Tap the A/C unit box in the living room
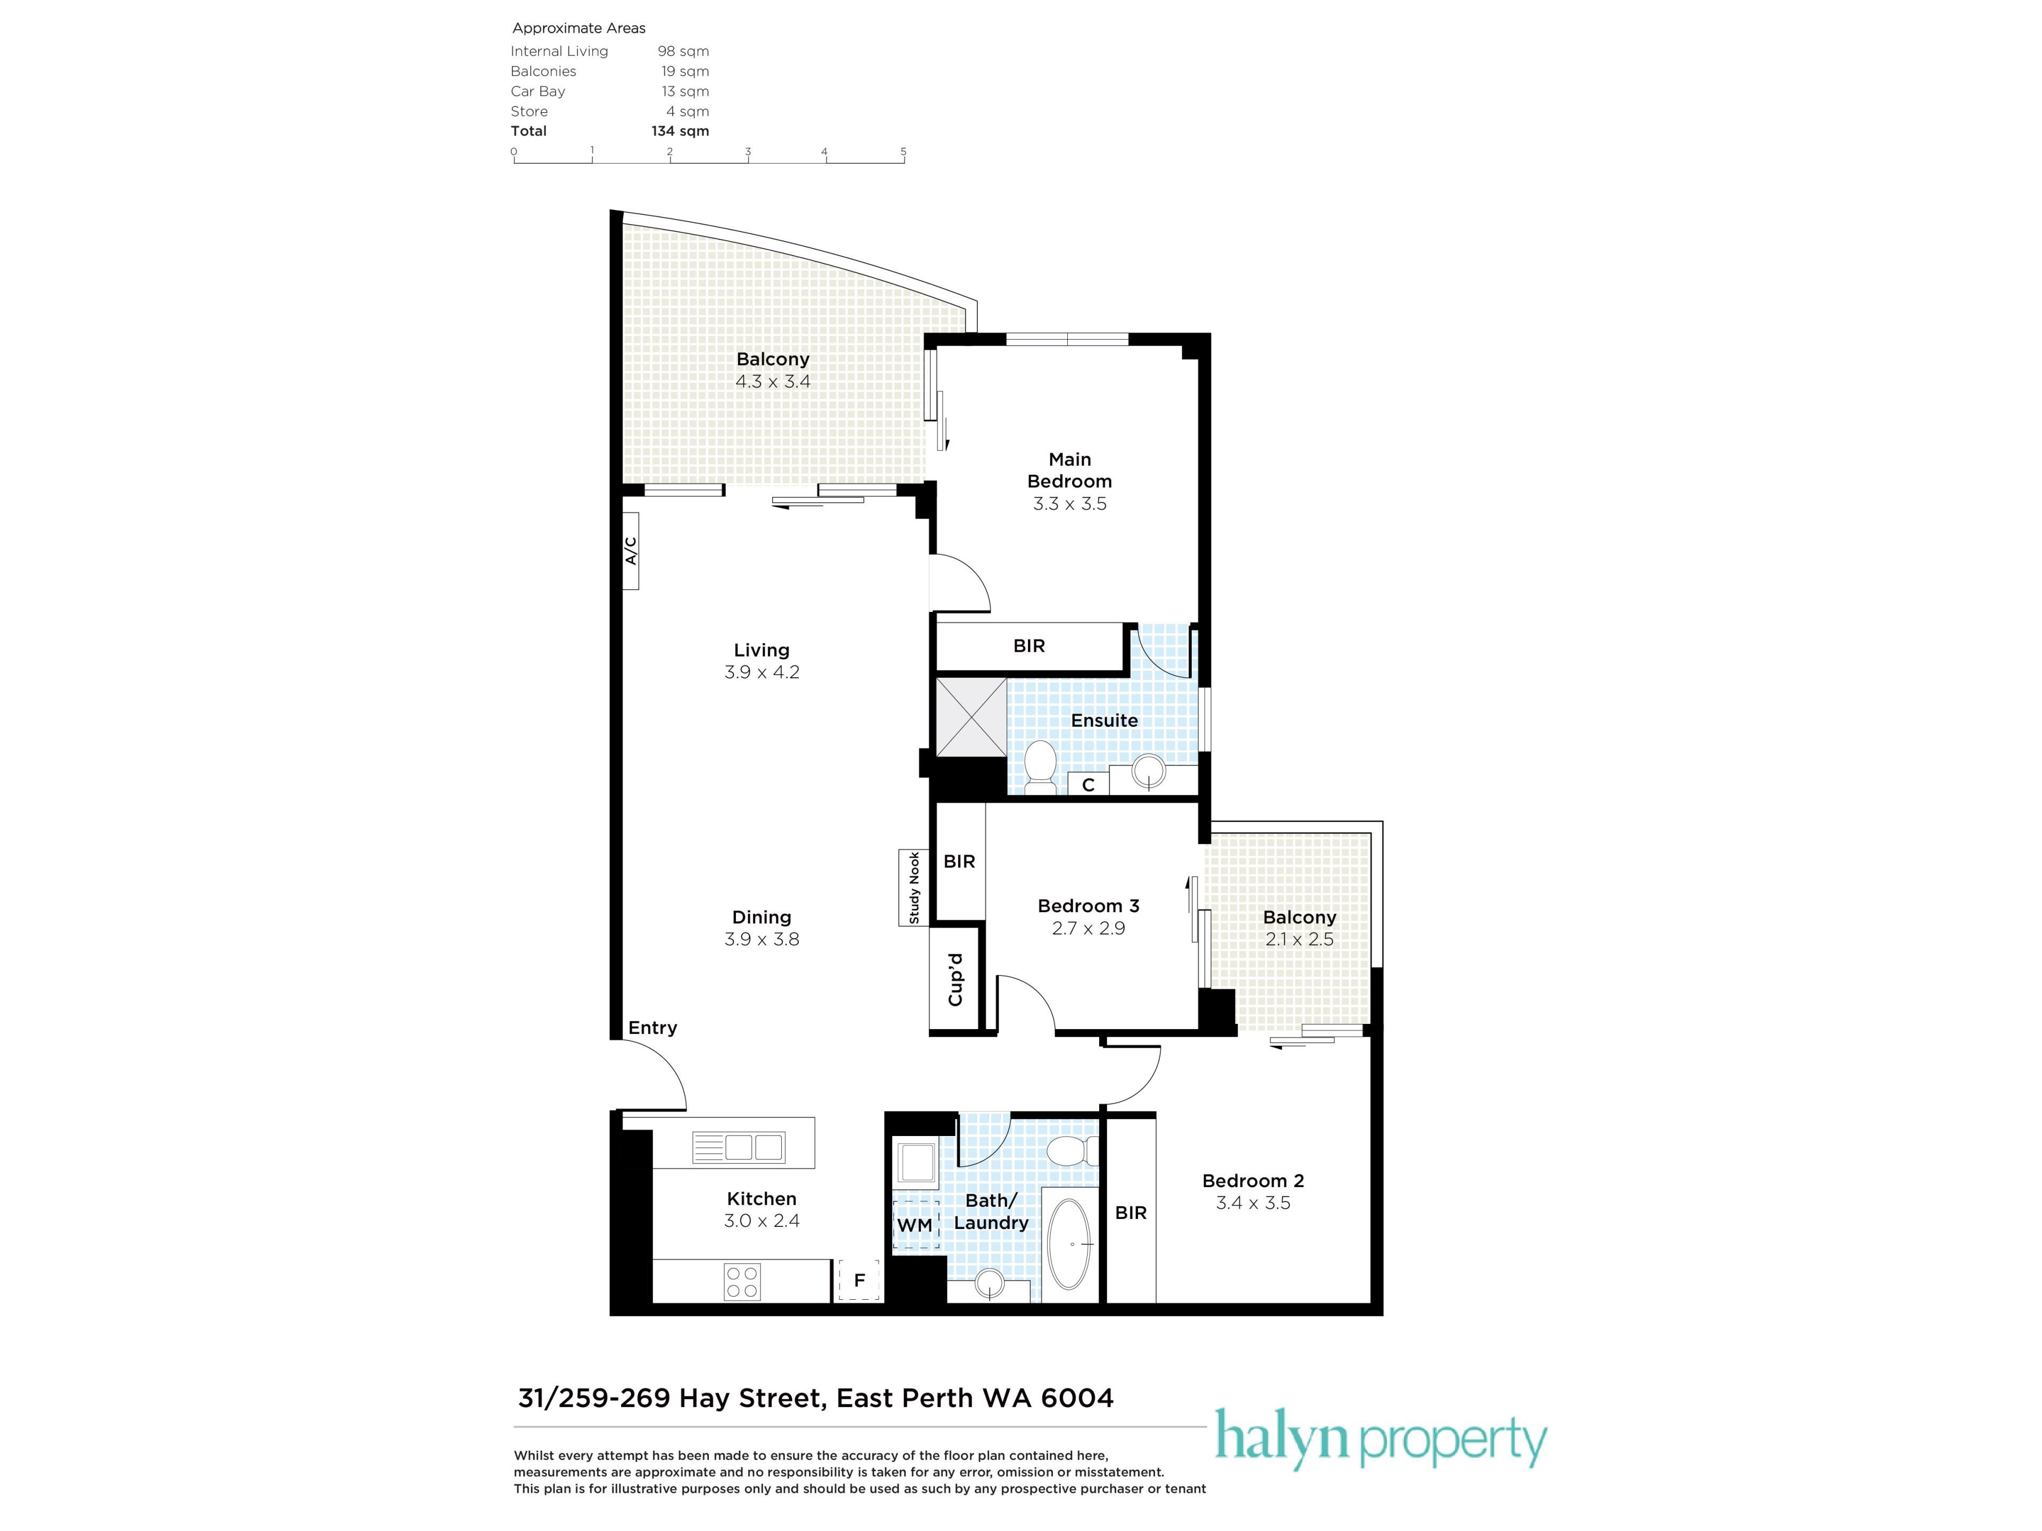coord(631,551)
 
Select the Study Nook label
coord(914,888)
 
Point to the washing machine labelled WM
coord(915,1225)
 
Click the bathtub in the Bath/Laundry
coord(1071,1244)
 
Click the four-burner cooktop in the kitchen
coord(742,1281)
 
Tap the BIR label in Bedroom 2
coord(1131,1213)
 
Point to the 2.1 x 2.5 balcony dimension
coord(1299,939)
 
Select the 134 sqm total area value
coord(680,131)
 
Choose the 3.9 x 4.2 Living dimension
coord(761,673)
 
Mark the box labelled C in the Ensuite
coord(1089,785)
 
